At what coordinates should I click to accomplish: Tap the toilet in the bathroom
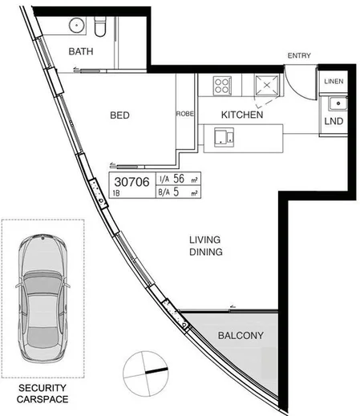click(99, 28)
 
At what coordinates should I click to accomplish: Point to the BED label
click(119, 115)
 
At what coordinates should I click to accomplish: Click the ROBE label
click(184, 115)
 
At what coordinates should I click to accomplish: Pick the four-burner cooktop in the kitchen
click(222, 83)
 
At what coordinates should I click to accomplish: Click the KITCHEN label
click(242, 115)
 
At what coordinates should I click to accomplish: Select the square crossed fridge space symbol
click(265, 83)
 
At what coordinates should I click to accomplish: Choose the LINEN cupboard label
click(334, 83)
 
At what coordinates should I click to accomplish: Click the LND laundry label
click(334, 121)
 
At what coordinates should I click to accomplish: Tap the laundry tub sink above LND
click(336, 103)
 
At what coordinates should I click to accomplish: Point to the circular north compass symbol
click(144, 370)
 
